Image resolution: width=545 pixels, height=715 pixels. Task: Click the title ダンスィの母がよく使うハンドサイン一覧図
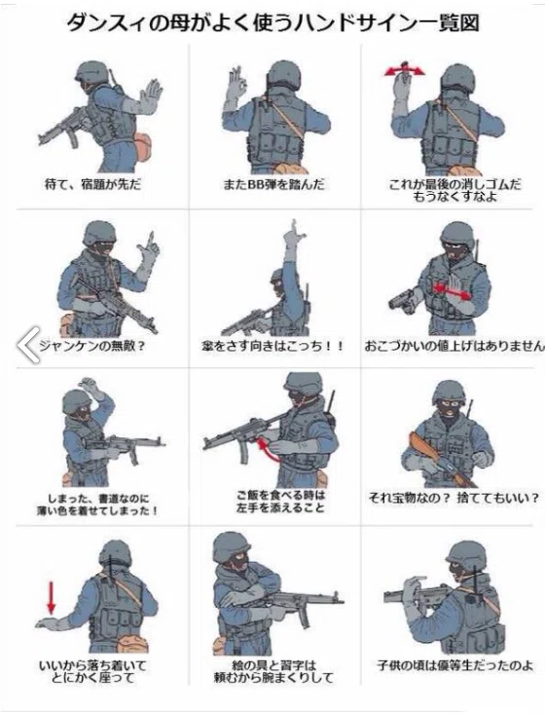[x=272, y=23]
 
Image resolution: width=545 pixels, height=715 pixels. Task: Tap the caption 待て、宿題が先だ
[x=93, y=184]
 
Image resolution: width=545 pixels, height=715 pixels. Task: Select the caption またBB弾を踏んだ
[x=273, y=184]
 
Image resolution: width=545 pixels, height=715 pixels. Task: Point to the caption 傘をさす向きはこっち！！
[x=272, y=346]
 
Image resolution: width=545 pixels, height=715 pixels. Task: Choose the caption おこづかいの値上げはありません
[x=454, y=346]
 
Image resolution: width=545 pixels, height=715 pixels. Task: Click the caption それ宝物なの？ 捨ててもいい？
[x=454, y=498]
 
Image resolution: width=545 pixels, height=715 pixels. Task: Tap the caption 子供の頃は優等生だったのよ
[x=454, y=665]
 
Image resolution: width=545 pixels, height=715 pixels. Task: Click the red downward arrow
[x=52, y=598]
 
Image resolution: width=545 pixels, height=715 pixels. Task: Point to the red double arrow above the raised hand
[x=404, y=70]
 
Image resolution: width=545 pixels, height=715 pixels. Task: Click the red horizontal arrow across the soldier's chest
[x=452, y=292]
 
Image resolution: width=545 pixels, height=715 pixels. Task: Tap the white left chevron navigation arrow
[x=28, y=345]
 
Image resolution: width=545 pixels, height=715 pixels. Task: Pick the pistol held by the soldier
[x=403, y=300]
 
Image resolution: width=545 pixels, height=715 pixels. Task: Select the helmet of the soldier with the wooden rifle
[x=449, y=394]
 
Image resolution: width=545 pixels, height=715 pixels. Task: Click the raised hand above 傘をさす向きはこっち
[x=293, y=236]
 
